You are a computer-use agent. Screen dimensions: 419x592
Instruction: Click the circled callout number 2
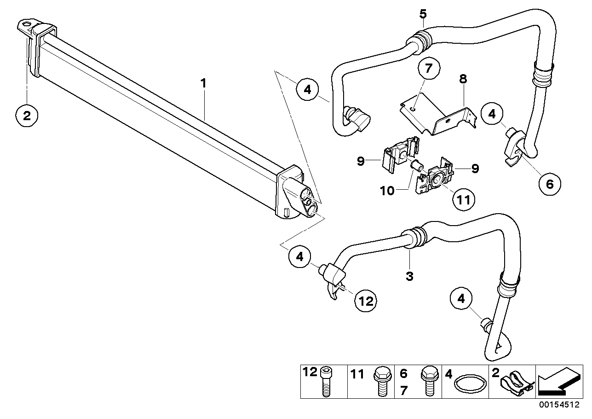(27, 115)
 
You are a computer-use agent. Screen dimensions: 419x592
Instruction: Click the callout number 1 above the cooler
(203, 84)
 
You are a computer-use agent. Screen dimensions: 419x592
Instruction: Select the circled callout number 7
(428, 69)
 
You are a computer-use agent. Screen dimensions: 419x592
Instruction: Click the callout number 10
(387, 191)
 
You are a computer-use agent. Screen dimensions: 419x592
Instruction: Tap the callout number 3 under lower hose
(409, 276)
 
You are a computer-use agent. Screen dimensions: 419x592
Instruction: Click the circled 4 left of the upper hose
(307, 90)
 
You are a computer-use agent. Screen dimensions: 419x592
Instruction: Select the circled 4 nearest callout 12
(300, 256)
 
